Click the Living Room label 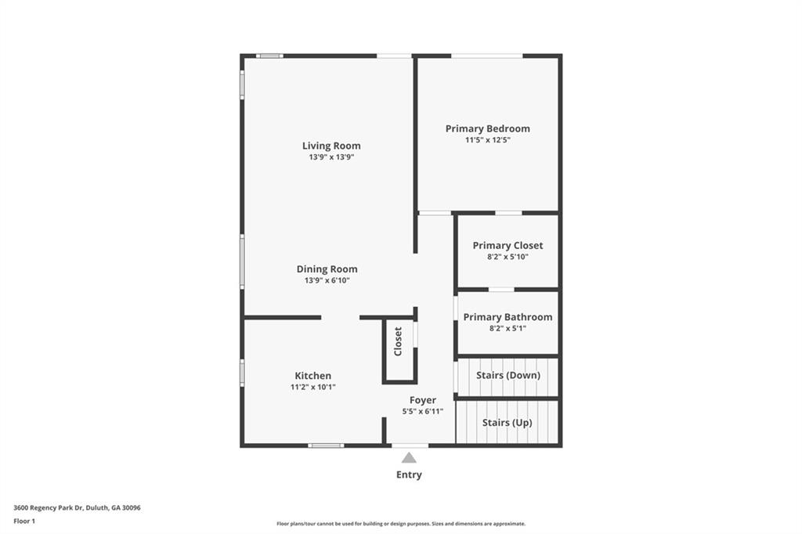331,146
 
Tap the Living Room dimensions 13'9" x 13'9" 331,157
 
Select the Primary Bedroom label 487,128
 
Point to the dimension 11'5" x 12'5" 487,140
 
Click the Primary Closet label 508,245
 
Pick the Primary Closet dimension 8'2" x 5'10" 508,257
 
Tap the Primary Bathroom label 508,317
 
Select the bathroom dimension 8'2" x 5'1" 508,329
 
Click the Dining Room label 327,269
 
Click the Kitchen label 312,376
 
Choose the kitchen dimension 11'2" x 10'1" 312,388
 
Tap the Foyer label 423,400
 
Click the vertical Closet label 398,341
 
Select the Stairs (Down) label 508,375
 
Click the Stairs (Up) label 507,423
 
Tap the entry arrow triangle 409,458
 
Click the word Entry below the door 409,474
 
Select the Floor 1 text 24,521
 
